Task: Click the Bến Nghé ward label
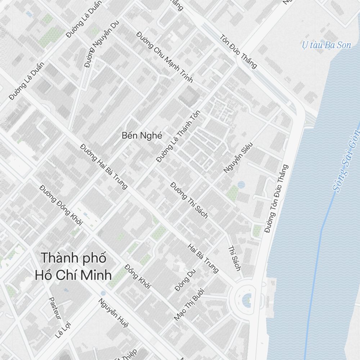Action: pyautogui.click(x=142, y=136)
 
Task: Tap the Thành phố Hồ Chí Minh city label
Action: pyautogui.click(x=73, y=267)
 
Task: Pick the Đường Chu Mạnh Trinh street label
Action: pyautogui.click(x=165, y=57)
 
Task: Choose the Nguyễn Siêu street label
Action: pyautogui.click(x=238, y=158)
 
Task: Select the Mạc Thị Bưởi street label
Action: pyautogui.click(x=189, y=304)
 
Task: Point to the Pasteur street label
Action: pyautogui.click(x=55, y=308)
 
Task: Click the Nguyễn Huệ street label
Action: pyautogui.click(x=114, y=314)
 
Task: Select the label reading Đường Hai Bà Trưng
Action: pyautogui.click(x=104, y=166)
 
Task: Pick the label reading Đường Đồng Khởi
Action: pyautogui.click(x=61, y=205)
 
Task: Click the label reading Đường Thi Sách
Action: pyautogui.click(x=189, y=200)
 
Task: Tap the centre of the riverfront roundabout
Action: pyautogui.click(x=247, y=298)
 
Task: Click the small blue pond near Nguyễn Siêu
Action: pyautogui.click(x=241, y=185)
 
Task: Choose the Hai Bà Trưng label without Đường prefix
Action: pyautogui.click(x=203, y=258)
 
